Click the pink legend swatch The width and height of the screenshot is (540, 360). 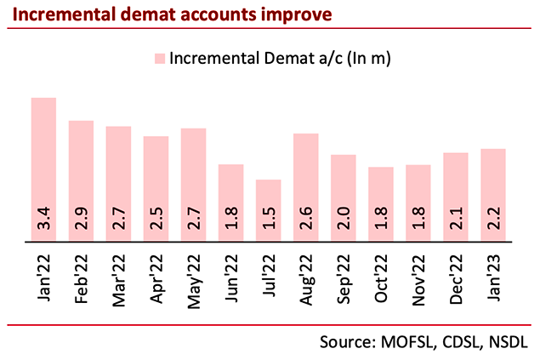(x=159, y=59)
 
